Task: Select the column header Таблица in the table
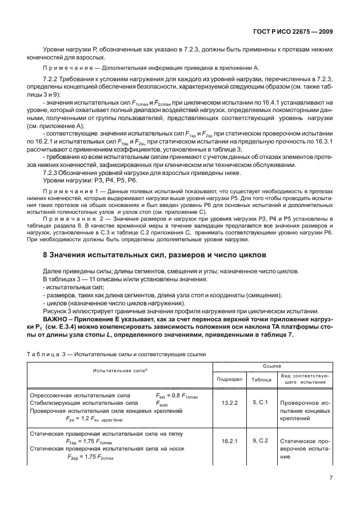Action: pos(261,378)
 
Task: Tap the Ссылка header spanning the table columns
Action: pos(273,364)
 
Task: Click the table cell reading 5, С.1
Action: pos(261,403)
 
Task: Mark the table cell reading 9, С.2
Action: pos(261,441)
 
